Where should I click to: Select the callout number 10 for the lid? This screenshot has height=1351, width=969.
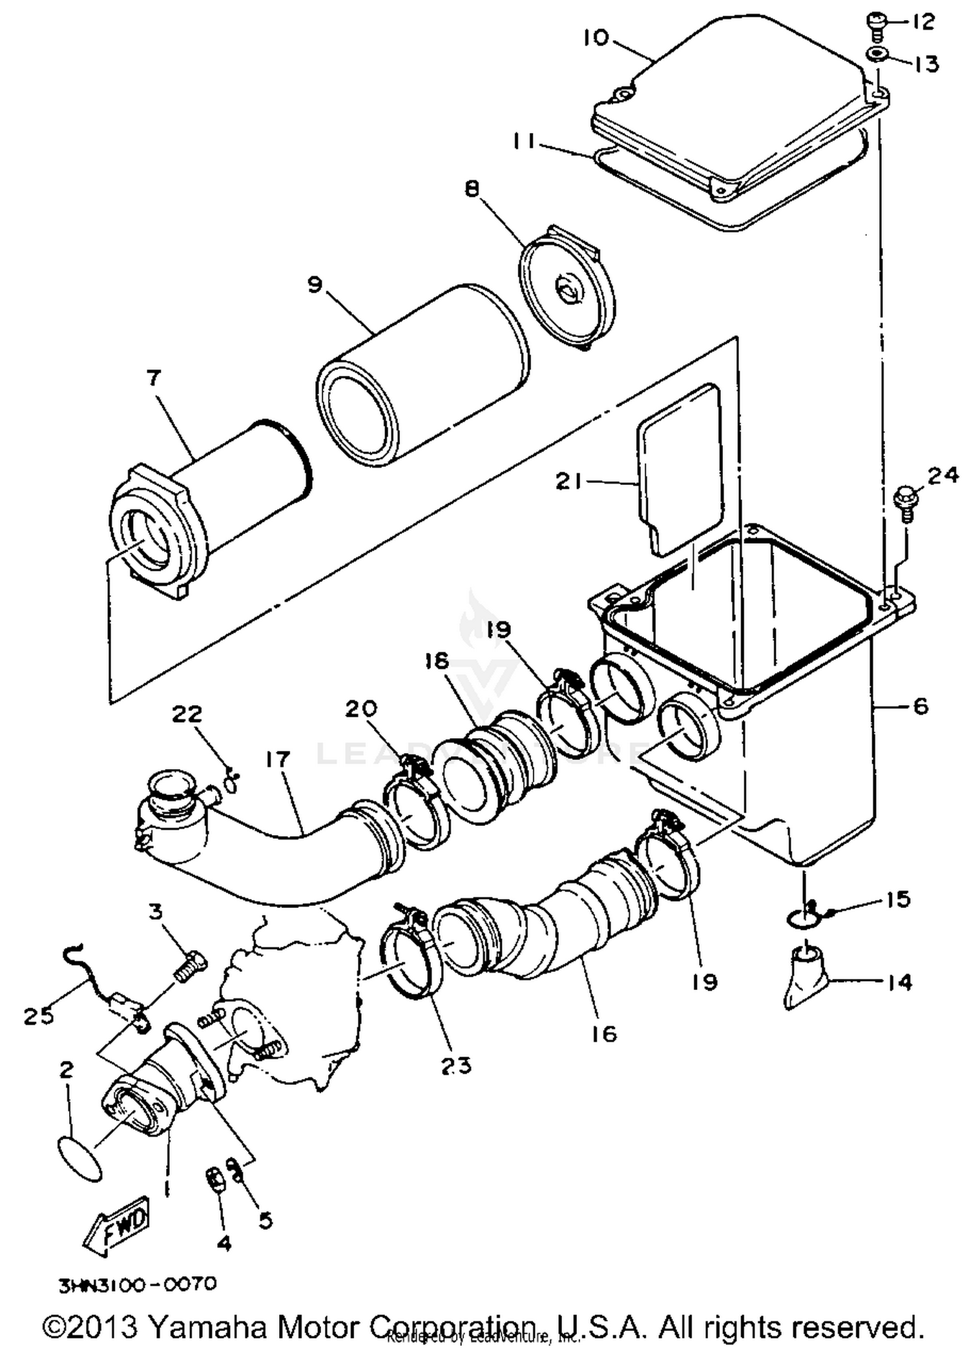(x=596, y=38)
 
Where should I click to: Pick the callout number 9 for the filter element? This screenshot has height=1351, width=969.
(x=315, y=285)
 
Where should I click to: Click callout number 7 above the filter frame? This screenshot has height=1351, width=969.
(x=153, y=378)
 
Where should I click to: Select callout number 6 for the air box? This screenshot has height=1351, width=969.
(x=921, y=706)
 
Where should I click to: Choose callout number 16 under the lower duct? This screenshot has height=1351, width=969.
(x=604, y=1035)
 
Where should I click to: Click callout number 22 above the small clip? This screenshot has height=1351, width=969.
(x=187, y=714)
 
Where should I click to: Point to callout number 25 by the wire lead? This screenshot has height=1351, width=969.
(x=39, y=1016)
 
